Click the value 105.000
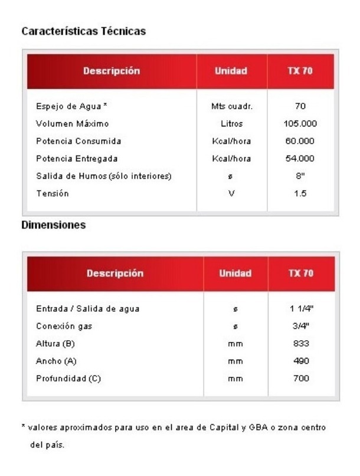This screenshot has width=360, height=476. [300, 124]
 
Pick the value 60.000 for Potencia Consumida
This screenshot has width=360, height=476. [300, 141]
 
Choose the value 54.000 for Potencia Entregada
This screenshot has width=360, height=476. [300, 158]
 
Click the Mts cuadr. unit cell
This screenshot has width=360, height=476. [231, 107]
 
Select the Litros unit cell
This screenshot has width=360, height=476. [231, 124]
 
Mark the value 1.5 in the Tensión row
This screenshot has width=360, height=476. [300, 193]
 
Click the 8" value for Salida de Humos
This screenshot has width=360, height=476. [300, 175]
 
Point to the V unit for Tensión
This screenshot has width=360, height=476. [231, 193]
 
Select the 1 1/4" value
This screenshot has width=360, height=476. [301, 309]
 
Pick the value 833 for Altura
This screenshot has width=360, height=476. [301, 344]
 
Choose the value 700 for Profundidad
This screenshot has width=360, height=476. [301, 379]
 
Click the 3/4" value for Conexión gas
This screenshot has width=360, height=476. [301, 326]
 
